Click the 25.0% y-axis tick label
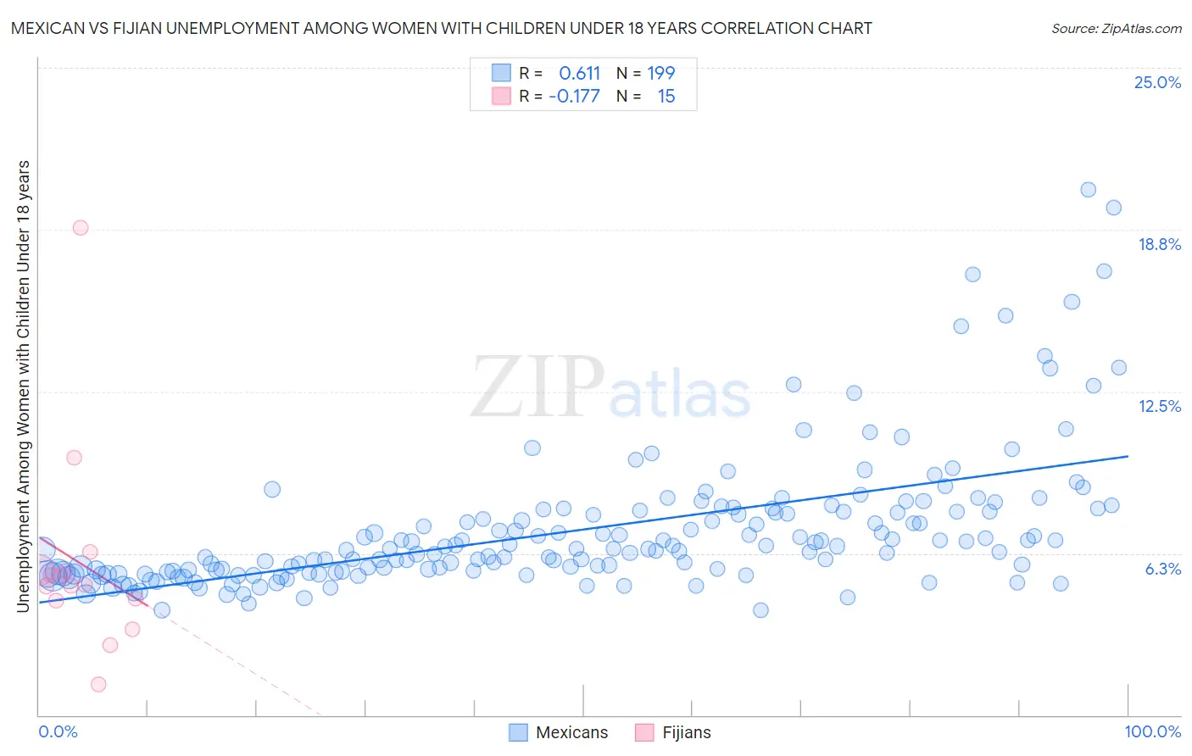(x=1157, y=82)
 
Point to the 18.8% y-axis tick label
(x=1159, y=244)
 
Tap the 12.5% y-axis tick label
(x=1159, y=406)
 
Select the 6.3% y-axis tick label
(x=1162, y=569)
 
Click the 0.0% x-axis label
(x=58, y=731)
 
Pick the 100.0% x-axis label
(x=1152, y=731)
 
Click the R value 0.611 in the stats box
(x=579, y=73)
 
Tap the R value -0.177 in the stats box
(x=574, y=96)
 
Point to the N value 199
(x=660, y=73)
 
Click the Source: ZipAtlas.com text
(x=1116, y=28)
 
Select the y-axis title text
(x=23, y=386)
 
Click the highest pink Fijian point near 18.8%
(x=81, y=227)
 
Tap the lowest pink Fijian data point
(x=98, y=684)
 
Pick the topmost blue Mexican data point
(x=1088, y=189)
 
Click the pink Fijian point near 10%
(x=74, y=457)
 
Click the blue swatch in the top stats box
(x=501, y=73)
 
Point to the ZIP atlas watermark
(x=610, y=388)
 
